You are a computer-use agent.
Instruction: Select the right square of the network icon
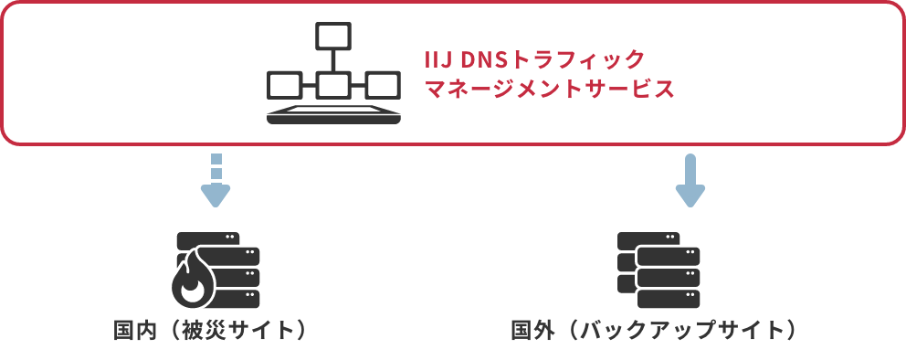383,85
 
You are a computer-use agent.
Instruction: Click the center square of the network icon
332,85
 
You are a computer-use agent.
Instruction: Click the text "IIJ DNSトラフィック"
535,60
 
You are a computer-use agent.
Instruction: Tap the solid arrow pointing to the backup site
690,181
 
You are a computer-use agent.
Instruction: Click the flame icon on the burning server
191,286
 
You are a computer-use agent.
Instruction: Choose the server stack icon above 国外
658,270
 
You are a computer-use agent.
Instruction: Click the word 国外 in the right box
532,330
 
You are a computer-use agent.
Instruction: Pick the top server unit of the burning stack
208,238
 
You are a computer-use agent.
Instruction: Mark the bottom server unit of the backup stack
669,299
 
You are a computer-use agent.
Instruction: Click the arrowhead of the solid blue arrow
690,196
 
